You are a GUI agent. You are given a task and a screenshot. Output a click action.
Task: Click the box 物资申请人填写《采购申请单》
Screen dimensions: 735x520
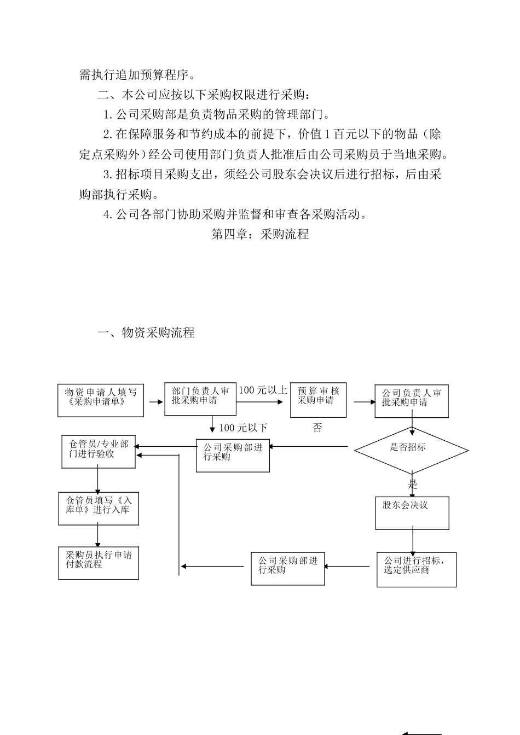pyautogui.click(x=101, y=400)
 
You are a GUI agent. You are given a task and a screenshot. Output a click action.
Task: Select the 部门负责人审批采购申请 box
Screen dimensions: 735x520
pyautogui.click(x=200, y=399)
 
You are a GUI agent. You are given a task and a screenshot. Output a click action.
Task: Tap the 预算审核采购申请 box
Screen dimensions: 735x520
pyautogui.click(x=318, y=399)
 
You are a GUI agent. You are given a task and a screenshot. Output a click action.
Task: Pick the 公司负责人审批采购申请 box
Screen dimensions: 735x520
pyautogui.click(x=411, y=401)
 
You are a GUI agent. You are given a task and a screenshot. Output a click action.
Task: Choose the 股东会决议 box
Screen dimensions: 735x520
pyautogui.click(x=412, y=512)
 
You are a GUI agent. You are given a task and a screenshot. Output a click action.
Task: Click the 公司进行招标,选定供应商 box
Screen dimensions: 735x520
pyautogui.click(x=416, y=569)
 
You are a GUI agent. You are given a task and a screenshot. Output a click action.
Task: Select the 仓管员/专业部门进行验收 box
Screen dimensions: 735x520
pyautogui.click(x=99, y=452)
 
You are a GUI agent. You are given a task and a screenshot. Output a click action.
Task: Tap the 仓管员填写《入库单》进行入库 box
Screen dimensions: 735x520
pyautogui.click(x=99, y=508)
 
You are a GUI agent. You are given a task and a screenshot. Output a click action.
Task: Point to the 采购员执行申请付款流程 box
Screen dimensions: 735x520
pyautogui.click(x=99, y=563)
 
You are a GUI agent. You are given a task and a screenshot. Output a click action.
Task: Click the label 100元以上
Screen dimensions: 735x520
pyautogui.click(x=263, y=390)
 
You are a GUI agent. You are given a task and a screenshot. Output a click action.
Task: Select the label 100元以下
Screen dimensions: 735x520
pyautogui.click(x=243, y=428)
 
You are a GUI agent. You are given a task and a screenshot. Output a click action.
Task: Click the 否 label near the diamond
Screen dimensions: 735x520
pyautogui.click(x=317, y=428)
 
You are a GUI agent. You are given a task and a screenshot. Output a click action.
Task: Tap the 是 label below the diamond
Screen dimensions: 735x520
pyautogui.click(x=413, y=485)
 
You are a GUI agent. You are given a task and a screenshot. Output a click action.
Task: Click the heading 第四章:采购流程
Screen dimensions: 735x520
pyautogui.click(x=260, y=234)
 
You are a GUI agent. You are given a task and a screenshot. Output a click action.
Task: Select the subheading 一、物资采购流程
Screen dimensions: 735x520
pyautogui.click(x=146, y=332)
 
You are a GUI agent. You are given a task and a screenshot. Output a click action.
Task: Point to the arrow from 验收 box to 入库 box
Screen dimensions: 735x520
pyautogui.click(x=98, y=480)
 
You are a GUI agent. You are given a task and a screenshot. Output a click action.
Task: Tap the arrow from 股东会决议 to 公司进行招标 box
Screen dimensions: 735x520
pyautogui.click(x=413, y=541)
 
